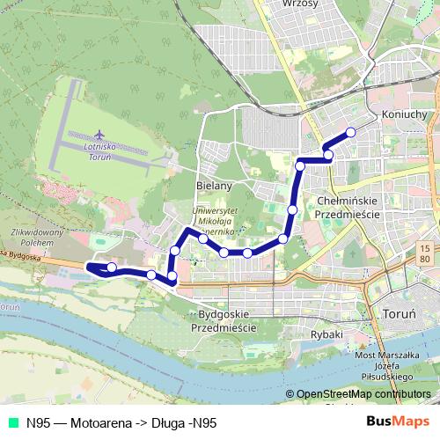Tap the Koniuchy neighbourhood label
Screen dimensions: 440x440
405,114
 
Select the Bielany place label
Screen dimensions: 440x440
213,186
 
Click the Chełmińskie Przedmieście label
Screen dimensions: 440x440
347,207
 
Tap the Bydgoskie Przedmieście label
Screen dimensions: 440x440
224,319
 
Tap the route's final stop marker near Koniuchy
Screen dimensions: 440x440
350,132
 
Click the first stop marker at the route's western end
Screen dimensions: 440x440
111,268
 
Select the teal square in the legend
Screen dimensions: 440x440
11,422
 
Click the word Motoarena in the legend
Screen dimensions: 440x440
99,422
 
